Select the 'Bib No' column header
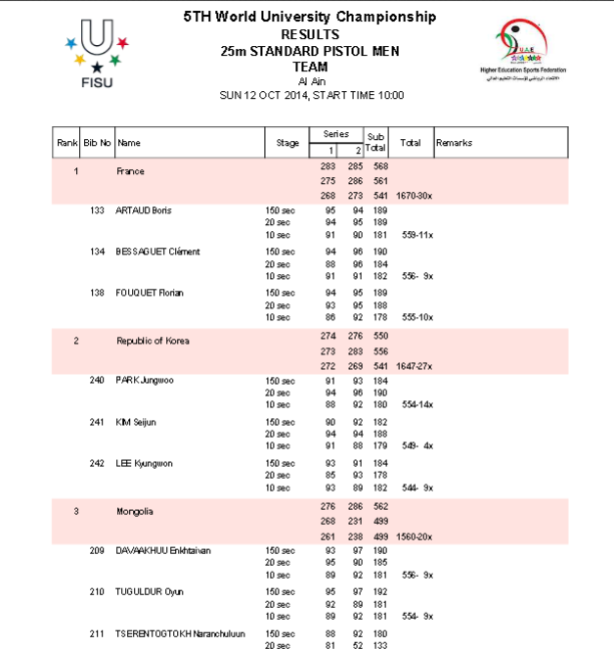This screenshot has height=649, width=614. click(97, 143)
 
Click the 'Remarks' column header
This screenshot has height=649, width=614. click(454, 143)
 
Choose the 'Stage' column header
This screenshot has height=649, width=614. click(287, 143)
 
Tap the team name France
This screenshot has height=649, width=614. click(130, 171)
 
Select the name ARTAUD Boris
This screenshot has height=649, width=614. click(146, 210)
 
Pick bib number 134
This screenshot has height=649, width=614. click(97, 252)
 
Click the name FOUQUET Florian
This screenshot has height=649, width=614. click(151, 293)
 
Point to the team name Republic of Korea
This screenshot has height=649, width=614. click(153, 341)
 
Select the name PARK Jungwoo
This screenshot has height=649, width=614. click(146, 380)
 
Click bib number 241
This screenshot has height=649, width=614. click(97, 421)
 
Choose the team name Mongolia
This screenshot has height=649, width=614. click(135, 511)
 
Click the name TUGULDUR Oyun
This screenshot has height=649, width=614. click(150, 591)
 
